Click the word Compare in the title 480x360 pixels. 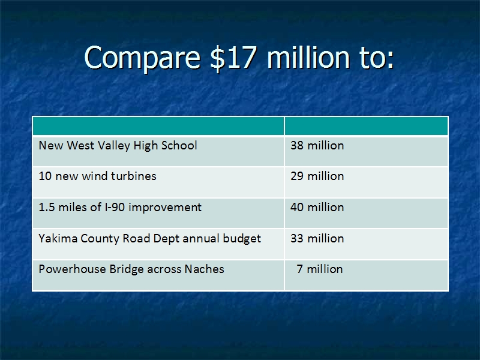tap(142, 58)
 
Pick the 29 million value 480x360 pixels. tap(317, 176)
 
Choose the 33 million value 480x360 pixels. tap(317, 238)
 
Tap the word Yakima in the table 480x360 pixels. tap(58, 238)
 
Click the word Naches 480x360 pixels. tap(204, 269)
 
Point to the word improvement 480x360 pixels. tap(165, 208)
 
